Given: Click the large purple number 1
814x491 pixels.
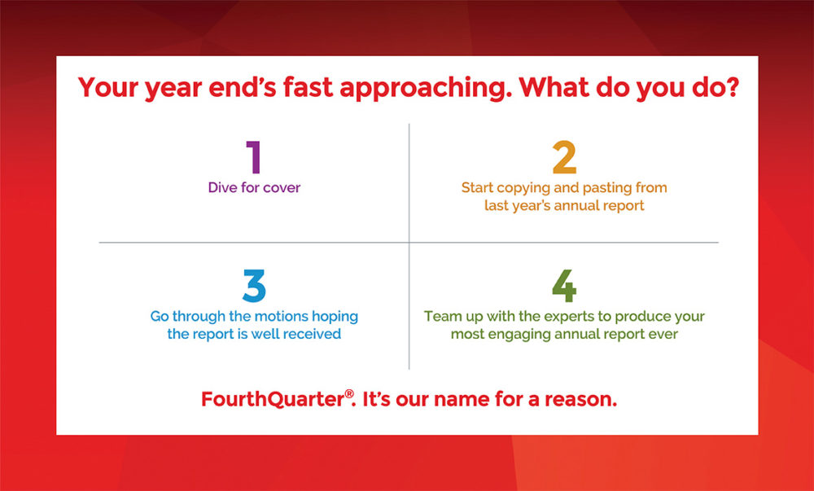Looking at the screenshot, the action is click(x=254, y=157).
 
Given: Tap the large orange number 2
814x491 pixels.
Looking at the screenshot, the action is click(x=564, y=157).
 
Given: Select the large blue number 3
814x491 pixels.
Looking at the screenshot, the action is click(x=254, y=286).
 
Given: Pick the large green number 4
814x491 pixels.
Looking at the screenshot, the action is click(x=564, y=286).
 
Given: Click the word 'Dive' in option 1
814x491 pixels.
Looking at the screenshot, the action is click(x=222, y=187).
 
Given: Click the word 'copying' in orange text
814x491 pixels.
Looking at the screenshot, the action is click(x=523, y=188).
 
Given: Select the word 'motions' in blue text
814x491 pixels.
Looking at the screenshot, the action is click(x=282, y=316).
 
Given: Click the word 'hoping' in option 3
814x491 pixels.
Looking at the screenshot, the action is click(x=335, y=317).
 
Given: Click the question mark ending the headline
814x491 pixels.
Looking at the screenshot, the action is click(x=732, y=86).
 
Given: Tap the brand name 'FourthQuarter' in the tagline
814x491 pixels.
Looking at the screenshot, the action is click(x=273, y=400).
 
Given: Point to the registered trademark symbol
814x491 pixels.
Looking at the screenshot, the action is click(x=349, y=394).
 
